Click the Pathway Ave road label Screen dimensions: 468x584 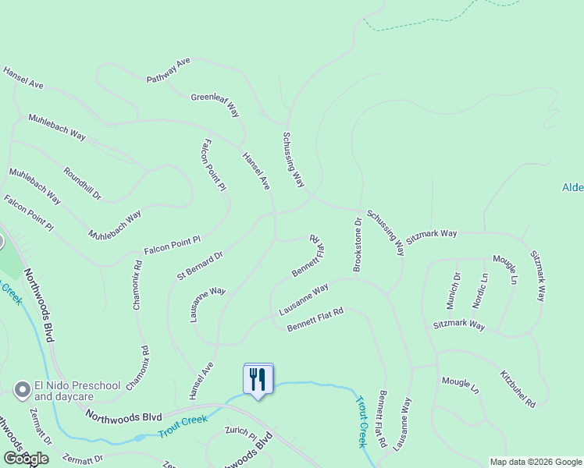coord(169,70)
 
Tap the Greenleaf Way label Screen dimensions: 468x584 coord(215,105)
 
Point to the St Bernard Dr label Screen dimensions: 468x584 coord(200,264)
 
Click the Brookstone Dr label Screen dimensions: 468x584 coord(358,244)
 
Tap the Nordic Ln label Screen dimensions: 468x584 coord(481,288)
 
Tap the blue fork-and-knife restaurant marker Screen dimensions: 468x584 coord(258,380)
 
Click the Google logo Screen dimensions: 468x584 coord(25,459)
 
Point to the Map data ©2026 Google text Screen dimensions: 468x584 coord(536,462)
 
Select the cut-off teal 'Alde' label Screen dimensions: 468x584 coord(572,187)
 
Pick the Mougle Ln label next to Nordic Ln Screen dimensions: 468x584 coord(504,268)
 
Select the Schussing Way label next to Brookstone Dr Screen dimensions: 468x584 coord(386,232)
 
